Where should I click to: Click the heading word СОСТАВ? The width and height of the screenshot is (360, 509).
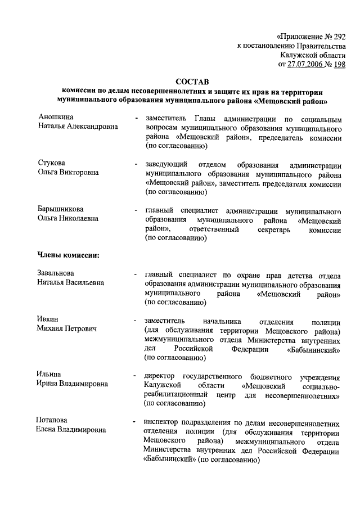[193, 82]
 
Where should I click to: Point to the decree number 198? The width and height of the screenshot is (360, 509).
[339, 65]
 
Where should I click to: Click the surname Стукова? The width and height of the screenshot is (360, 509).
[52, 163]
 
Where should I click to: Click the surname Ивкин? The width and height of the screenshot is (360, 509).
[48, 319]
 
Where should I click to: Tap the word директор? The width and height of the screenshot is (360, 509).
[160, 375]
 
